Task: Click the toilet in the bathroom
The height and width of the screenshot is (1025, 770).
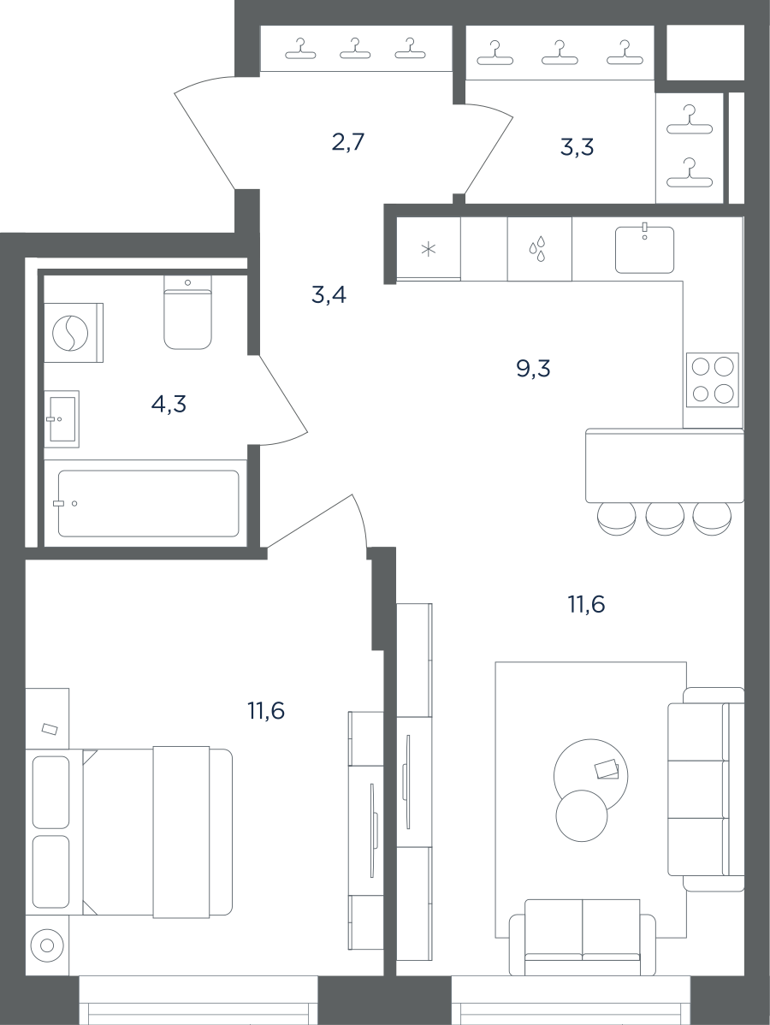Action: (188, 311)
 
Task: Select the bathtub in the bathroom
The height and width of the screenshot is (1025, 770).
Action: (148, 503)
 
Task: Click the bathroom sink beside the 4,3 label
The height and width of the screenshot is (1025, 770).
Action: (62, 419)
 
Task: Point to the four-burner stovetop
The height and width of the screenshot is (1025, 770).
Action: (713, 380)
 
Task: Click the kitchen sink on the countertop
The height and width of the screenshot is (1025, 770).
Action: (644, 249)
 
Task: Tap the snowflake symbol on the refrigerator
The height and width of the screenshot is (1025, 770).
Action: (428, 249)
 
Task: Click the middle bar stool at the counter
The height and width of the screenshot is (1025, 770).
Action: (665, 519)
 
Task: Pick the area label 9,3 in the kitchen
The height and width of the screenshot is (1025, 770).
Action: (533, 370)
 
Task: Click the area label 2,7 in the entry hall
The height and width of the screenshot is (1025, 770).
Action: (347, 142)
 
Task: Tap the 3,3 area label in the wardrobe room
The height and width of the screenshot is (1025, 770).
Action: (577, 148)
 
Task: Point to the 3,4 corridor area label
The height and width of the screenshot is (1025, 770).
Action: (329, 295)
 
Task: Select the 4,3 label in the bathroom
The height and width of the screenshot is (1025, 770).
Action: (169, 405)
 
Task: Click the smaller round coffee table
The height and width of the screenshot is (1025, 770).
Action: (581, 815)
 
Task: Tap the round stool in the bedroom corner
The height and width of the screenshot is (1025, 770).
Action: (47, 945)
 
